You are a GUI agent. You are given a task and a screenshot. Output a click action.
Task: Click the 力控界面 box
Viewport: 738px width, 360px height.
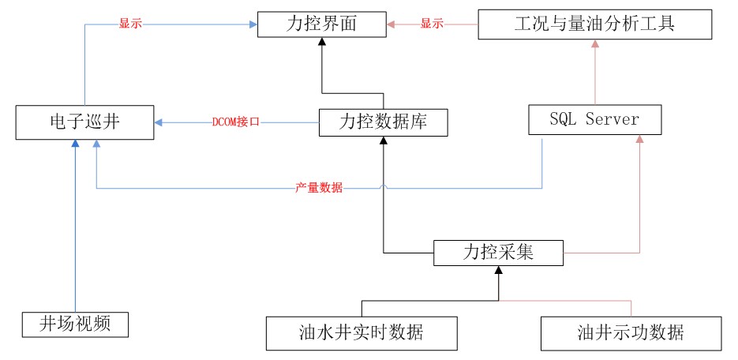pos(322,24)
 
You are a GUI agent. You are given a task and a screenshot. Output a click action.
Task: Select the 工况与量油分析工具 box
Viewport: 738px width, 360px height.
pos(595,24)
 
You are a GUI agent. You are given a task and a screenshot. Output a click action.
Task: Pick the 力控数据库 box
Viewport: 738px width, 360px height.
pos(384,122)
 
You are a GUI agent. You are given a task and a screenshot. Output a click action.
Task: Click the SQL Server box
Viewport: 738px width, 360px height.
pos(594,121)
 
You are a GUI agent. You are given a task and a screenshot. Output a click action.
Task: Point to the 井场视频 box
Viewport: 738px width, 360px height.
pos(74,324)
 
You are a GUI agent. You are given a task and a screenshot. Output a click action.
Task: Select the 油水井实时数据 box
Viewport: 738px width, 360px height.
pos(362,332)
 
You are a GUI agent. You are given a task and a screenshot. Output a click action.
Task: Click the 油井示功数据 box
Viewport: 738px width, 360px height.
pos(631,332)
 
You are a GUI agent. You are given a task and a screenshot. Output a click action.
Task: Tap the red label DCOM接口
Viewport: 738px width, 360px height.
pos(237,123)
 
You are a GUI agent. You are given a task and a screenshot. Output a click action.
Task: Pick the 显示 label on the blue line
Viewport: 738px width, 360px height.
pos(130,24)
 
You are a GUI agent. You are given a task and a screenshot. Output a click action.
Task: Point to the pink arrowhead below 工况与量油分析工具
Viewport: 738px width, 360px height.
pos(595,44)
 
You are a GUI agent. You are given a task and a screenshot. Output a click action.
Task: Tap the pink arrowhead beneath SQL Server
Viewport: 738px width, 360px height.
pos(640,140)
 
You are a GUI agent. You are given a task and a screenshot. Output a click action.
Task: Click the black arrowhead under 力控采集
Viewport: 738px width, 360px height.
pos(497,271)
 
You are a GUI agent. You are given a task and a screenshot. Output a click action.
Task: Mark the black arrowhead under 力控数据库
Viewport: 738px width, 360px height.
pos(384,141)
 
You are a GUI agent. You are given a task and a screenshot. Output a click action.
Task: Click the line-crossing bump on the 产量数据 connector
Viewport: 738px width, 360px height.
pos(384,188)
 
